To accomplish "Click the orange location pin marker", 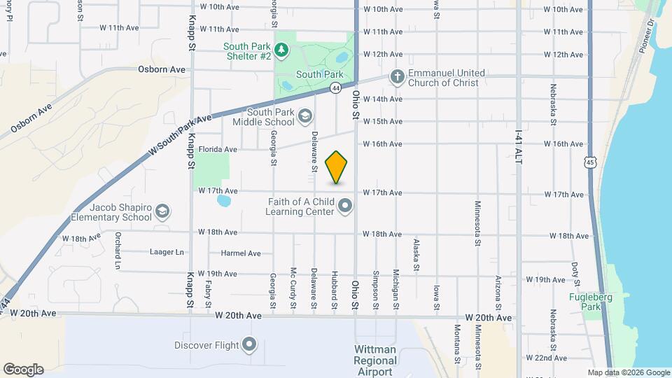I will [x=337, y=167].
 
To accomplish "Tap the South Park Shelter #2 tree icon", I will [x=281, y=50].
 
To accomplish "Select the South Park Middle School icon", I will [x=304, y=115].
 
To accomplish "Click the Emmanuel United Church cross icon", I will [x=397, y=77].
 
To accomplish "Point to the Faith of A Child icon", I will [x=345, y=206].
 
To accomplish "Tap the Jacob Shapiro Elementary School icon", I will [x=162, y=211].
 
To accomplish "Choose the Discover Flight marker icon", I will [x=250, y=344].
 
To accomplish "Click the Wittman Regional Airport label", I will [x=375, y=360].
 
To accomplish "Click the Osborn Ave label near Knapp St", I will [x=162, y=69].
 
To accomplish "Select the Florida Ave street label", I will [x=218, y=149].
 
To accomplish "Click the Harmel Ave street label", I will [x=241, y=253].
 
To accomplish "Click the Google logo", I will [x=23, y=370].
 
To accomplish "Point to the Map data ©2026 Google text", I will [x=628, y=372].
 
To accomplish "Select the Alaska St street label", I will [x=416, y=254].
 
